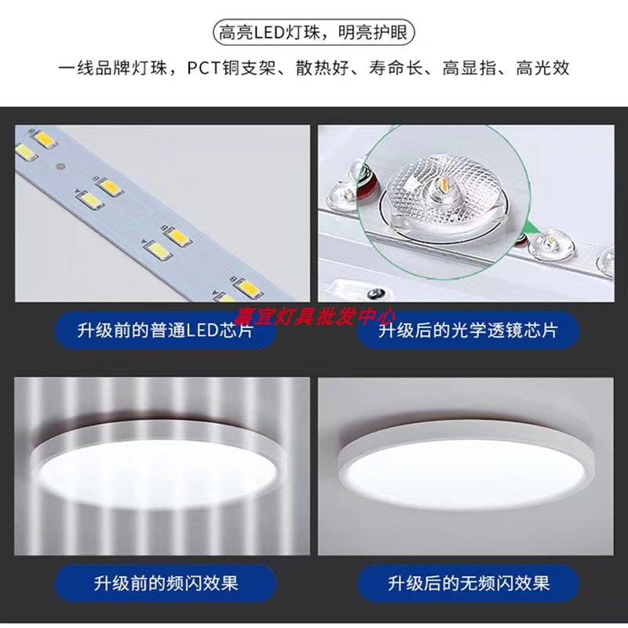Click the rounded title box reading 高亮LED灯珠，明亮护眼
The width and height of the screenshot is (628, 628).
[x=313, y=32]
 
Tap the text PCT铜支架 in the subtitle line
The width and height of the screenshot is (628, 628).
[x=231, y=68]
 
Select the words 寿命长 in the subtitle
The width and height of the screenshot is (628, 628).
[x=396, y=68]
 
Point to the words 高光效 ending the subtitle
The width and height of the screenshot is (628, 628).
[x=542, y=68]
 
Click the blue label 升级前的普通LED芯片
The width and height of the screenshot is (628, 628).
[x=166, y=330]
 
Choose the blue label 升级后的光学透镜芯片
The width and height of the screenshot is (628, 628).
[x=468, y=330]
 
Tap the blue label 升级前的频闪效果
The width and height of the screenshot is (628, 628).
[x=166, y=583]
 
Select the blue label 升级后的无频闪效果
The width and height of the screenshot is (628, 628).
[x=468, y=583]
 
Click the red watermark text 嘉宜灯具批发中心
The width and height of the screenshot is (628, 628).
[x=315, y=316]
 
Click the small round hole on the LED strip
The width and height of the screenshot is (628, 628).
[x=60, y=166]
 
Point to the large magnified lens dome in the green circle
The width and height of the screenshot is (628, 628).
[x=444, y=192]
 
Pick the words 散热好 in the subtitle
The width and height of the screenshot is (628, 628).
[x=323, y=68]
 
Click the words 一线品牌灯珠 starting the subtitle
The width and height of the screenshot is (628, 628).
[x=112, y=68]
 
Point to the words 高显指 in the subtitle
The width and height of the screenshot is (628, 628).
[x=469, y=68]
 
